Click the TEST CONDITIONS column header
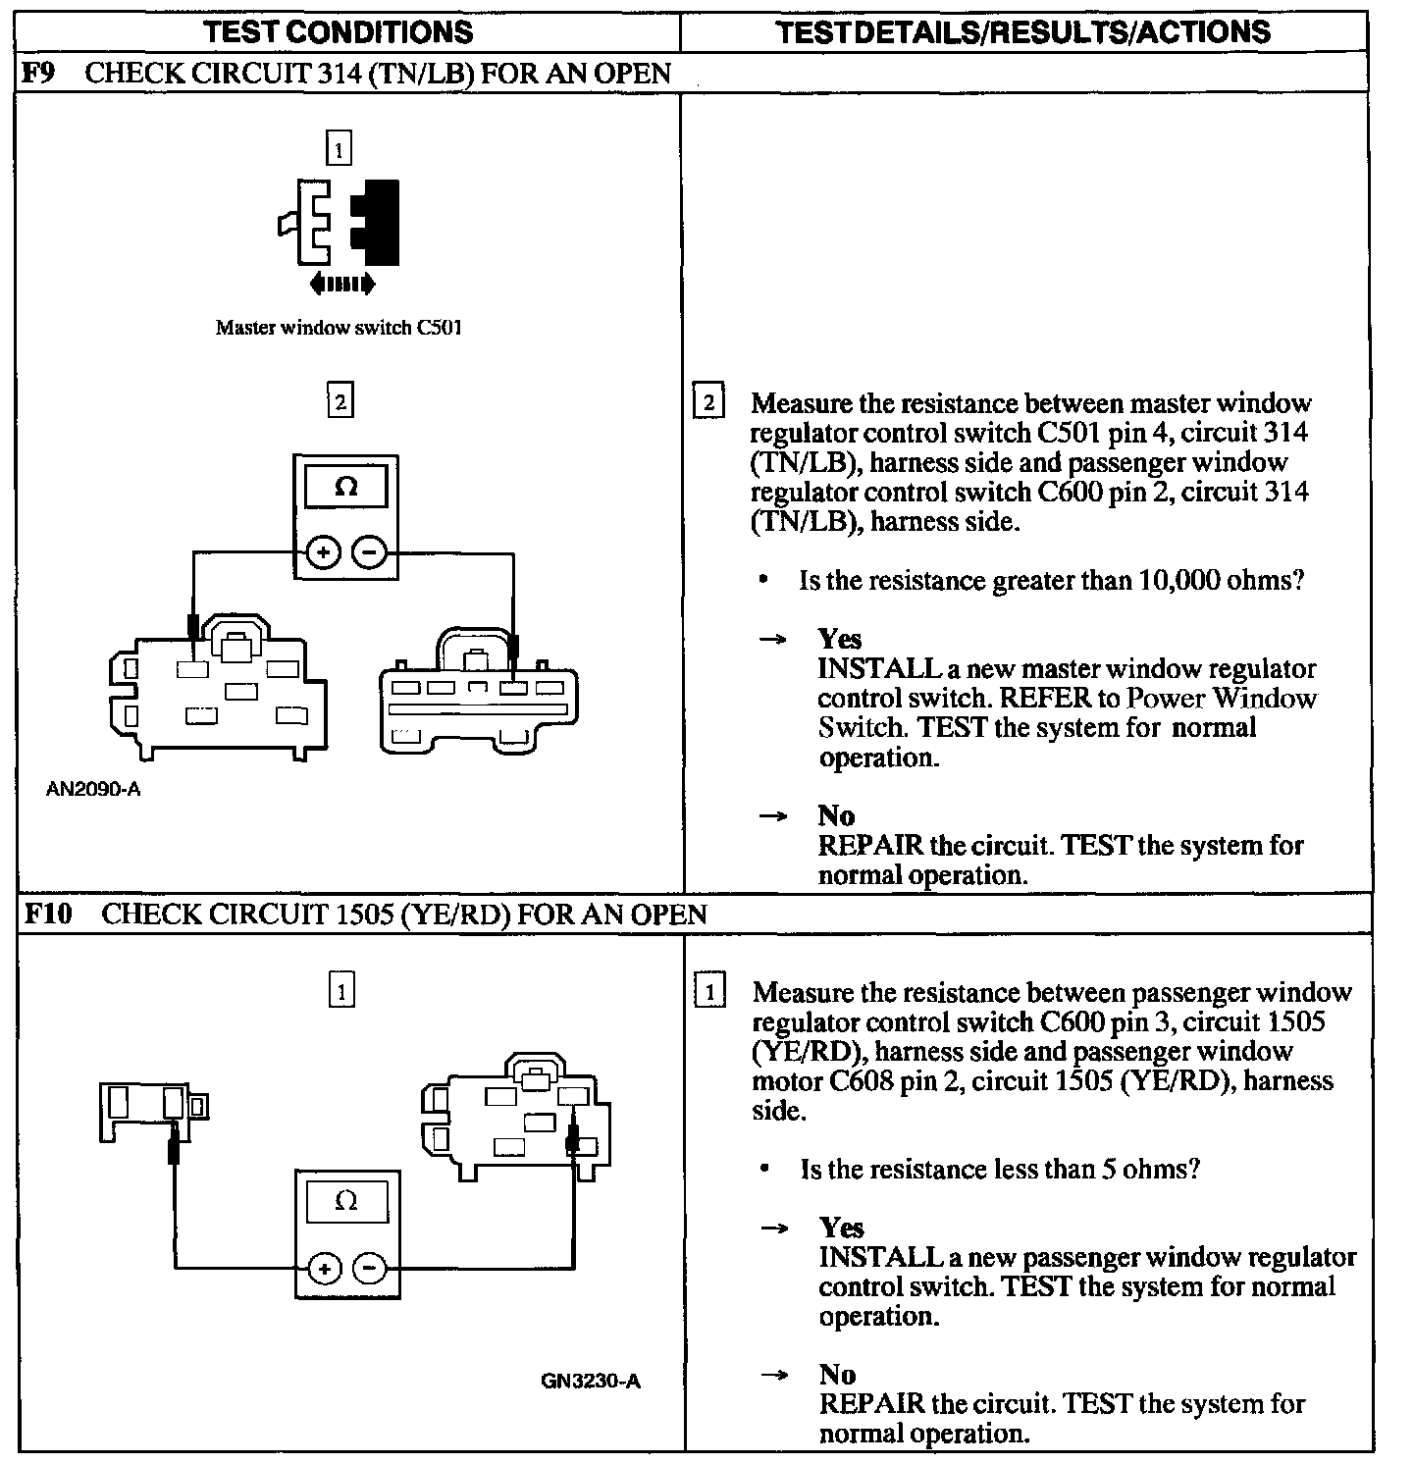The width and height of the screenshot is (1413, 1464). click(339, 31)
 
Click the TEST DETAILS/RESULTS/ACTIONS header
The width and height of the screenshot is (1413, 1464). click(1022, 31)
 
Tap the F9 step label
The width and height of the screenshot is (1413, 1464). click(36, 74)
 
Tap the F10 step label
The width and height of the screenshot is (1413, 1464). click(47, 915)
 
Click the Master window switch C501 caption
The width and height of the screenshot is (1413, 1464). click(339, 328)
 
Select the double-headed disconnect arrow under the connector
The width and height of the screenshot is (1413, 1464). click(341, 285)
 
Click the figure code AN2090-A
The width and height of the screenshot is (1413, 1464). click(93, 789)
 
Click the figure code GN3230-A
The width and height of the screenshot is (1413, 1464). click(591, 1381)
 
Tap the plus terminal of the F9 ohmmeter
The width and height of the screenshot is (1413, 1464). click(324, 553)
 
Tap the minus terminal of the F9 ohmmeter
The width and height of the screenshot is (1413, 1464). click(369, 553)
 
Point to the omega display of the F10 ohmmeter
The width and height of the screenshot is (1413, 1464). click(346, 1201)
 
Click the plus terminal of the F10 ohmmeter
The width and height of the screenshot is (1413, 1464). click(324, 1269)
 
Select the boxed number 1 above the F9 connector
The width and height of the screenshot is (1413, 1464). click(339, 150)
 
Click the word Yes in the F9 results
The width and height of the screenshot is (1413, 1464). click(840, 639)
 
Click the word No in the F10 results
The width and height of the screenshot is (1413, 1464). click(837, 1375)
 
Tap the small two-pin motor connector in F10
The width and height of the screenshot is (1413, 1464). click(155, 1109)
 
